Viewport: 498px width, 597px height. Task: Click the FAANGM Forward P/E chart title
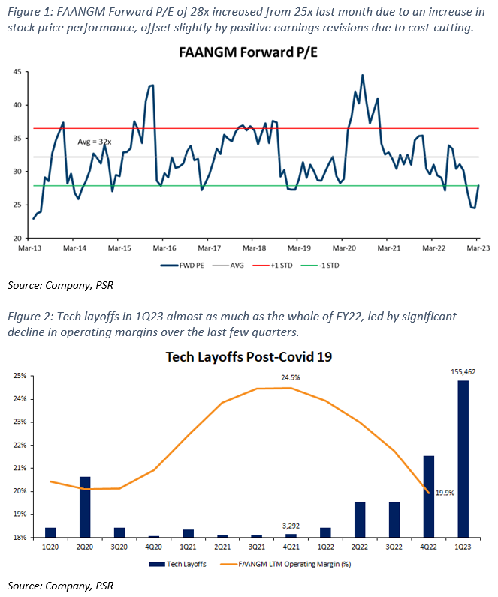pos(248,54)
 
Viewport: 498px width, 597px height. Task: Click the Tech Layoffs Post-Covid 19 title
pos(248,357)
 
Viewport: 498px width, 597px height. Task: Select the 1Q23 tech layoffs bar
pos(463,459)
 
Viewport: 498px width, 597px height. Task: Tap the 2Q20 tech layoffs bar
pos(85,507)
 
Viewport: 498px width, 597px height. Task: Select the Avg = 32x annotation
pos(95,142)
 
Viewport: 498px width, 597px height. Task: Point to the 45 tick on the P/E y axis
pos(14,72)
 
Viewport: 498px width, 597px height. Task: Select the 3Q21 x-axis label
pos(257,547)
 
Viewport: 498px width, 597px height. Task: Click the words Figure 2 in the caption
pos(28,316)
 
